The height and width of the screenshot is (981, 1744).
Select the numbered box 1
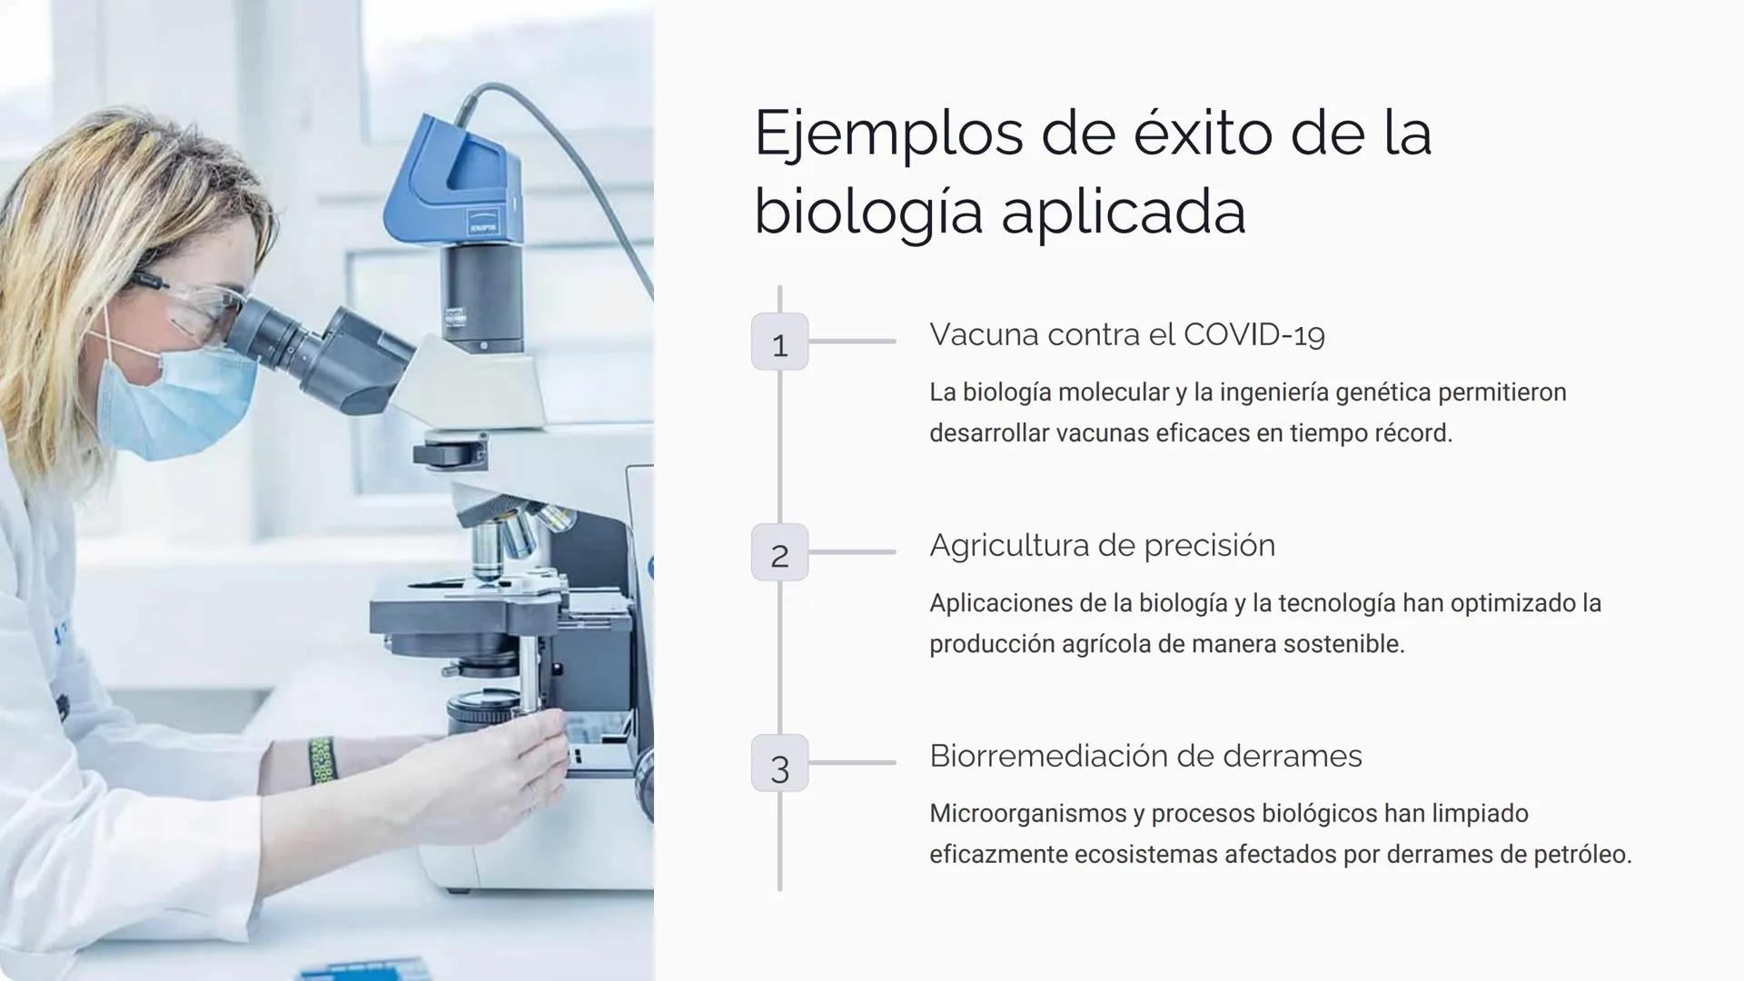tap(779, 342)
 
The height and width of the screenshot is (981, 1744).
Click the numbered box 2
tap(779, 553)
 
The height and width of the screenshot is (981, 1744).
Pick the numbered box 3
tap(779, 764)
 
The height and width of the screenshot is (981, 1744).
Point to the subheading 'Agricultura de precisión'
tap(1102, 546)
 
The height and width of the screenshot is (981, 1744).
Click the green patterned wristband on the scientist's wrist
tap(322, 759)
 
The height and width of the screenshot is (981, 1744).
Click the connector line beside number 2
tap(852, 552)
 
